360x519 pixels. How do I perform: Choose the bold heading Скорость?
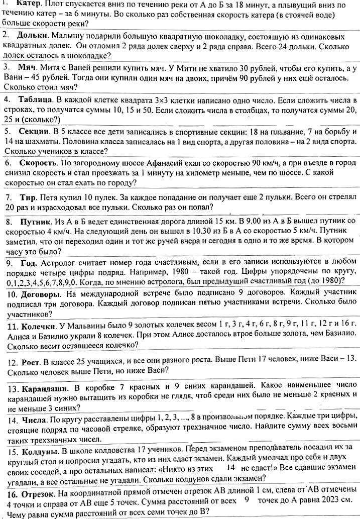(x=38, y=163)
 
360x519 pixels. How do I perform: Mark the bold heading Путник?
(x=34, y=221)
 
